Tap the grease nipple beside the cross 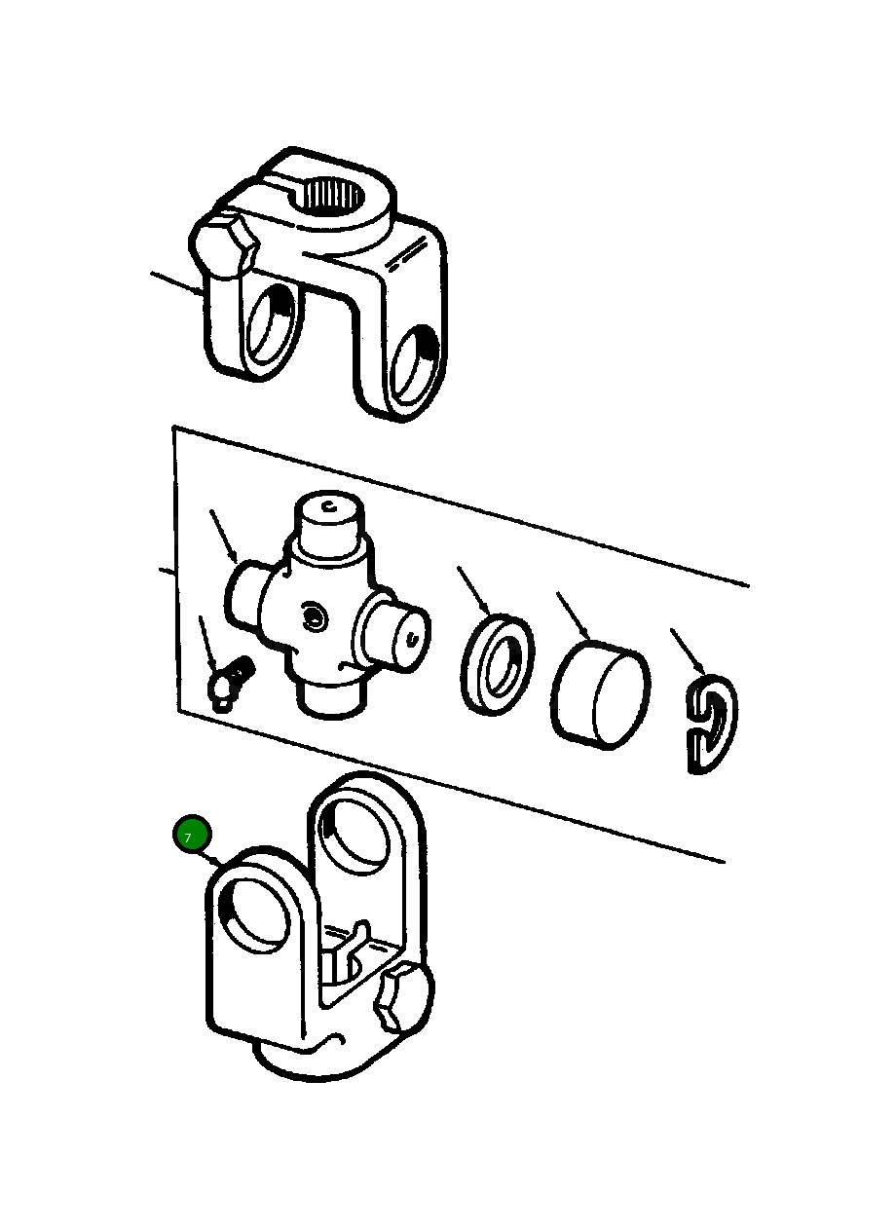229,683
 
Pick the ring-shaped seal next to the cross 498,663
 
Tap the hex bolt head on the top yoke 224,245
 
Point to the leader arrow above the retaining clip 688,652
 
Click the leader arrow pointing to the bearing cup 574,616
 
